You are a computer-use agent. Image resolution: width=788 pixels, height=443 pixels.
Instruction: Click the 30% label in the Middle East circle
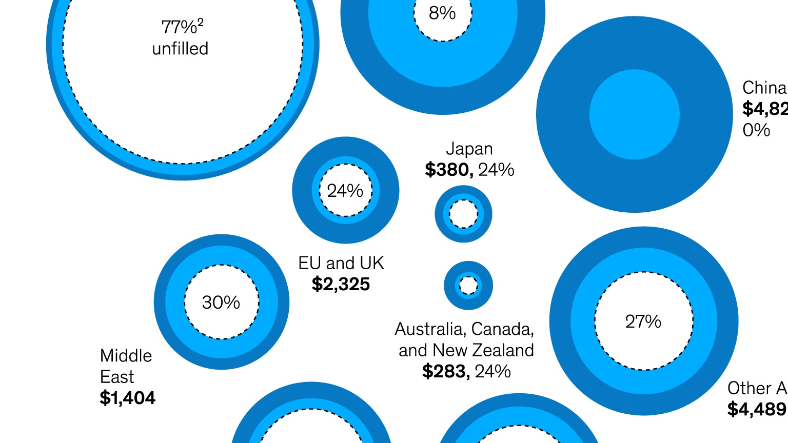tap(221, 303)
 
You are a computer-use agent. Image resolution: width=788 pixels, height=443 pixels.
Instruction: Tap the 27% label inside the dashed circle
tap(643, 321)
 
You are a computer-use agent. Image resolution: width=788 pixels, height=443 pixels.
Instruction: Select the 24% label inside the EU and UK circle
tap(345, 191)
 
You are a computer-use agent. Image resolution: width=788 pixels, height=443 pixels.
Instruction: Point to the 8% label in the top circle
tap(442, 13)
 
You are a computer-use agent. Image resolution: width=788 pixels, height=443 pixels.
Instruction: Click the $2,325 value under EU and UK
tap(341, 284)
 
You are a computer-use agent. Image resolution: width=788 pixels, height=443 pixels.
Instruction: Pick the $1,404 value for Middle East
tap(127, 398)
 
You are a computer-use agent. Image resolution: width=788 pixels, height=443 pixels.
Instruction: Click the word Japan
tap(469, 149)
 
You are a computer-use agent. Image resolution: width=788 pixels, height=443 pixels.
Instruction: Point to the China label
tap(764, 88)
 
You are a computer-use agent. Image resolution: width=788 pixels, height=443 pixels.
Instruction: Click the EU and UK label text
tap(341, 263)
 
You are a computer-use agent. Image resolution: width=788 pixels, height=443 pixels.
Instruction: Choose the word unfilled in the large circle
tap(180, 49)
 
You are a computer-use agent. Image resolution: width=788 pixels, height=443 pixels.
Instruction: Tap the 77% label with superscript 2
tap(182, 26)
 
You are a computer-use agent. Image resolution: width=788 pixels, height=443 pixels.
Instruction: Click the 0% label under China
tap(756, 130)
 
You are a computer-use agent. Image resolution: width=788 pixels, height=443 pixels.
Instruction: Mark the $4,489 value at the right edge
tap(757, 409)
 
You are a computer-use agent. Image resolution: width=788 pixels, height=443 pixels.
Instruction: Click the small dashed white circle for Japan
tap(463, 214)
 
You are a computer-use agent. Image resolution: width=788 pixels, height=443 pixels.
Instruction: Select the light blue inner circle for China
tap(634, 114)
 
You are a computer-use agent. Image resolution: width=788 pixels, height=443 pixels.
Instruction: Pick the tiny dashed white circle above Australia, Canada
tap(468, 286)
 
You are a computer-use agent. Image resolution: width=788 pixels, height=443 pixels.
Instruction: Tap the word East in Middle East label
tap(117, 377)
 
